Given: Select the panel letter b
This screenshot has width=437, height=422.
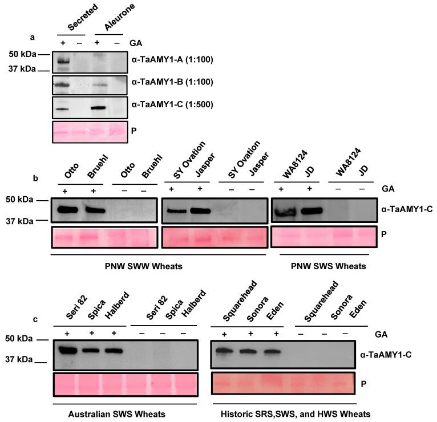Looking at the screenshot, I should click(35, 178).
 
